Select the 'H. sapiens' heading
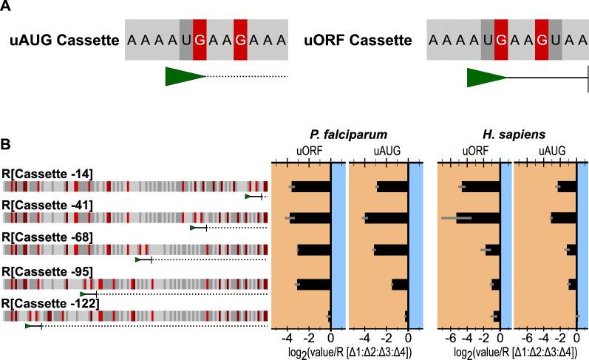click(x=511, y=135)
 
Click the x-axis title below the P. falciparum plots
click(x=347, y=352)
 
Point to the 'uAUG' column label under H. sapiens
click(x=548, y=151)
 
